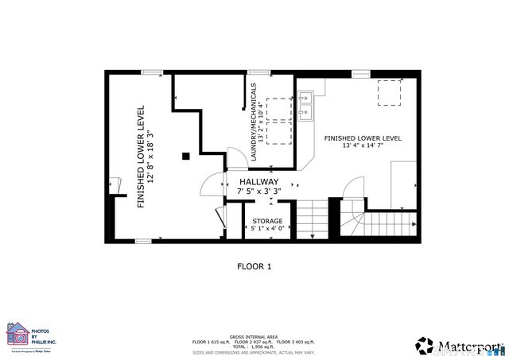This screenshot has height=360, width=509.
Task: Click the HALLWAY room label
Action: [260, 182]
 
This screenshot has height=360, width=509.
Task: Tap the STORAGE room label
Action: [267, 221]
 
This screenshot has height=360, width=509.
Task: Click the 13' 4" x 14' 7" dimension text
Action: [362, 146]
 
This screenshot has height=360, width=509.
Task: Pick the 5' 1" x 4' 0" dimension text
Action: [267, 229]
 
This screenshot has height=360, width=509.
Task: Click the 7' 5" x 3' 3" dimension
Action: [260, 192]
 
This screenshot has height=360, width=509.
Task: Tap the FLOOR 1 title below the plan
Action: [254, 267]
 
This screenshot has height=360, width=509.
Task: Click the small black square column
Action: [185, 156]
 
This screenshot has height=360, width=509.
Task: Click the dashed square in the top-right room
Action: [388, 92]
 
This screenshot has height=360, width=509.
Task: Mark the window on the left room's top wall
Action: [152, 72]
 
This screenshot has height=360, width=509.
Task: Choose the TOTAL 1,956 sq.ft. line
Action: [254, 346]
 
